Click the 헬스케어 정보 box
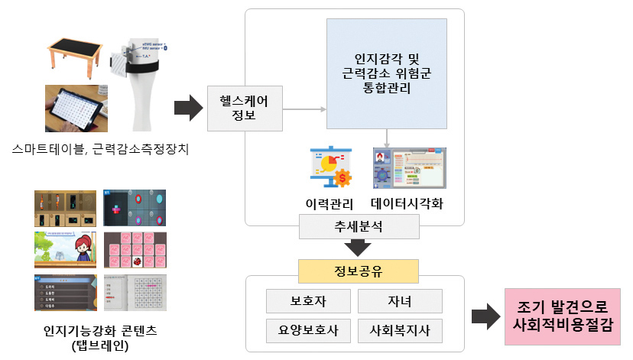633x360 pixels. pyautogui.click(x=245, y=108)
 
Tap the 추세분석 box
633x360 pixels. pyautogui.click(x=359, y=226)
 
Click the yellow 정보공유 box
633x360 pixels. pyautogui.click(x=359, y=271)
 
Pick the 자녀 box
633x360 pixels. pyautogui.click(x=400, y=301)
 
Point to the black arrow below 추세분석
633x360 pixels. pyautogui.click(x=359, y=248)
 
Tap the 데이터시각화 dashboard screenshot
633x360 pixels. pyautogui.click(x=409, y=168)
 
